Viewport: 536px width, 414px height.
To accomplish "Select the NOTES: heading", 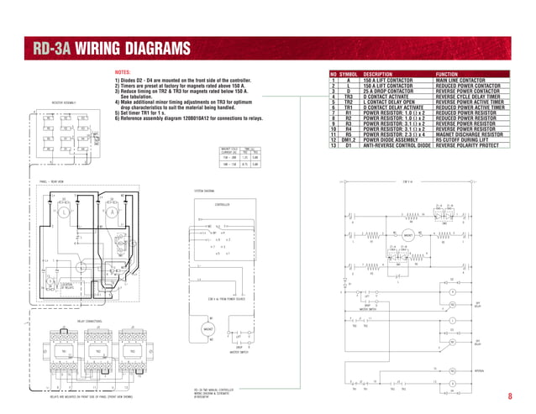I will coord(123,73).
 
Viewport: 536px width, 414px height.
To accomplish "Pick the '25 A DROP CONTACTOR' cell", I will coord(390,92).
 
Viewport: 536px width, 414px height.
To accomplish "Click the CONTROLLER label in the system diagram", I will coord(221,204).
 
